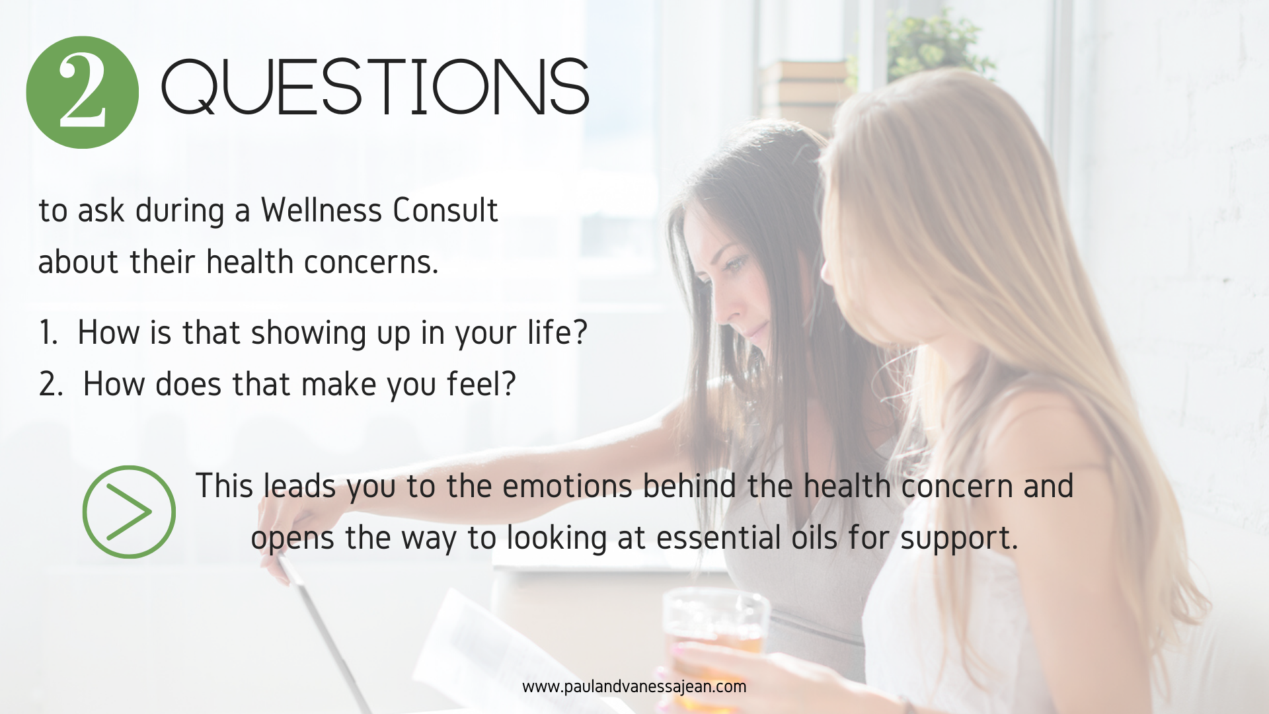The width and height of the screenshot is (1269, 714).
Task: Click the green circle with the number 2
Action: pyautogui.click(x=82, y=93)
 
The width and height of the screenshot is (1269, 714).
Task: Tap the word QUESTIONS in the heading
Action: pyautogui.click(x=375, y=87)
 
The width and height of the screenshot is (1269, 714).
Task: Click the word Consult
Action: pyautogui.click(x=445, y=210)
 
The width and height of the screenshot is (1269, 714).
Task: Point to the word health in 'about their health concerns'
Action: pyautogui.click(x=250, y=262)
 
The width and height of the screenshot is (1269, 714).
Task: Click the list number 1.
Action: pyautogui.click(x=48, y=332)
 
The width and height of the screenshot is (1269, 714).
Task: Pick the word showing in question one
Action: pyautogui.click(x=309, y=333)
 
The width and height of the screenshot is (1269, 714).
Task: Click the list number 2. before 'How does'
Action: pyautogui.click(x=51, y=383)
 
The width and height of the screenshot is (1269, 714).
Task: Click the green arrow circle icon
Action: pyautogui.click(x=129, y=512)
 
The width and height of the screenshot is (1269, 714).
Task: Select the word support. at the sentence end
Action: pyautogui.click(x=959, y=539)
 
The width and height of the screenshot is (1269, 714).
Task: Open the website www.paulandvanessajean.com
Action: pyautogui.click(x=634, y=687)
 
